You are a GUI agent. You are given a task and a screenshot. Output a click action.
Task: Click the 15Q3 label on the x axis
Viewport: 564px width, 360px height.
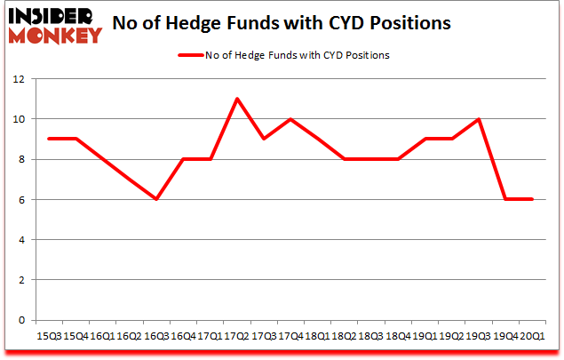coord(50,337)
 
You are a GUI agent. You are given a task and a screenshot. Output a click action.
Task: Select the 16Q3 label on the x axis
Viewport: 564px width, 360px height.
coord(156,337)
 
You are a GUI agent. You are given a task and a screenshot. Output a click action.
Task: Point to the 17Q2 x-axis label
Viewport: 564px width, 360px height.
coord(236,337)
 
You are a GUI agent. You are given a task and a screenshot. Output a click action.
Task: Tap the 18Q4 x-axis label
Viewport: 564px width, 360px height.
coord(397,337)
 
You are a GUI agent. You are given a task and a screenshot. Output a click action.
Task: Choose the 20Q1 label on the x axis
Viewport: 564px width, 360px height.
coord(531,337)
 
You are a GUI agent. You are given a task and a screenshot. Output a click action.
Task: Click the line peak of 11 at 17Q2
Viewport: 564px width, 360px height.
coord(237,99)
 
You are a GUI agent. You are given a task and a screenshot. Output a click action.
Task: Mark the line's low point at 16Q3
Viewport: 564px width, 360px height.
coord(156,199)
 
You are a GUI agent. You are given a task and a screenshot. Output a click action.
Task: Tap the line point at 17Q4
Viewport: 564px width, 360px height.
coord(290,119)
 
